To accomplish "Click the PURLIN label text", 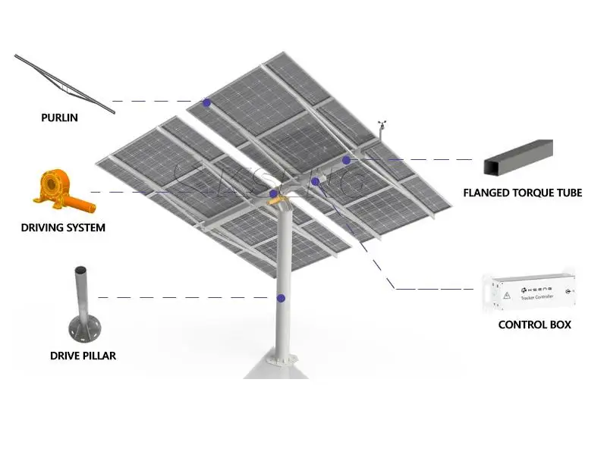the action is [59, 118].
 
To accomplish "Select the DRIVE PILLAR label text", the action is [83, 356].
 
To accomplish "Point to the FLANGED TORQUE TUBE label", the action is [522, 193].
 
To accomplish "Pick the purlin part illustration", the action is [64, 83].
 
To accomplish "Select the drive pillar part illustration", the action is [81, 307].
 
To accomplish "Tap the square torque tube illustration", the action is [517, 156].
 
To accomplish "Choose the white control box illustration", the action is [529, 292].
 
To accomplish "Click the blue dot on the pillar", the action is [281, 299].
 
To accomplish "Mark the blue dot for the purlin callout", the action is [206, 102].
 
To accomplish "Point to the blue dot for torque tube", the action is [346, 160].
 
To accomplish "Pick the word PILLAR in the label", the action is [99, 356].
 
